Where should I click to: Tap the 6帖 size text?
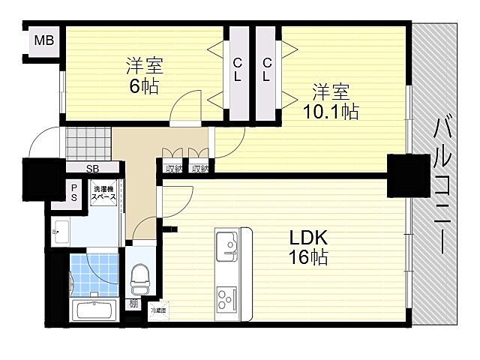[143, 86]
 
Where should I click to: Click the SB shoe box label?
[93, 169]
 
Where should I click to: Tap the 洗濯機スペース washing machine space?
[104, 193]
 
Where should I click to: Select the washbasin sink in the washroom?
[61, 232]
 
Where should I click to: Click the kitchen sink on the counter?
[226, 242]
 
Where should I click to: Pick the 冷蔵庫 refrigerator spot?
[158, 309]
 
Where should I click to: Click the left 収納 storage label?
[174, 169]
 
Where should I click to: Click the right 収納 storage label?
[199, 169]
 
